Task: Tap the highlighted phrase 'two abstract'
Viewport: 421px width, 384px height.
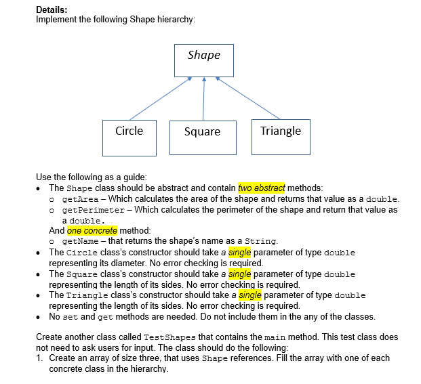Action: tap(262, 188)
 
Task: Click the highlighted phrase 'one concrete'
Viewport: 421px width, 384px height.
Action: tap(92, 230)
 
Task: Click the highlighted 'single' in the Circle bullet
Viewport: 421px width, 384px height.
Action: tap(240, 253)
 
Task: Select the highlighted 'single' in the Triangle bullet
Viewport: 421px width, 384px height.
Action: tap(250, 295)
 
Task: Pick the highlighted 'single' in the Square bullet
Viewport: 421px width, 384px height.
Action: tap(240, 274)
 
